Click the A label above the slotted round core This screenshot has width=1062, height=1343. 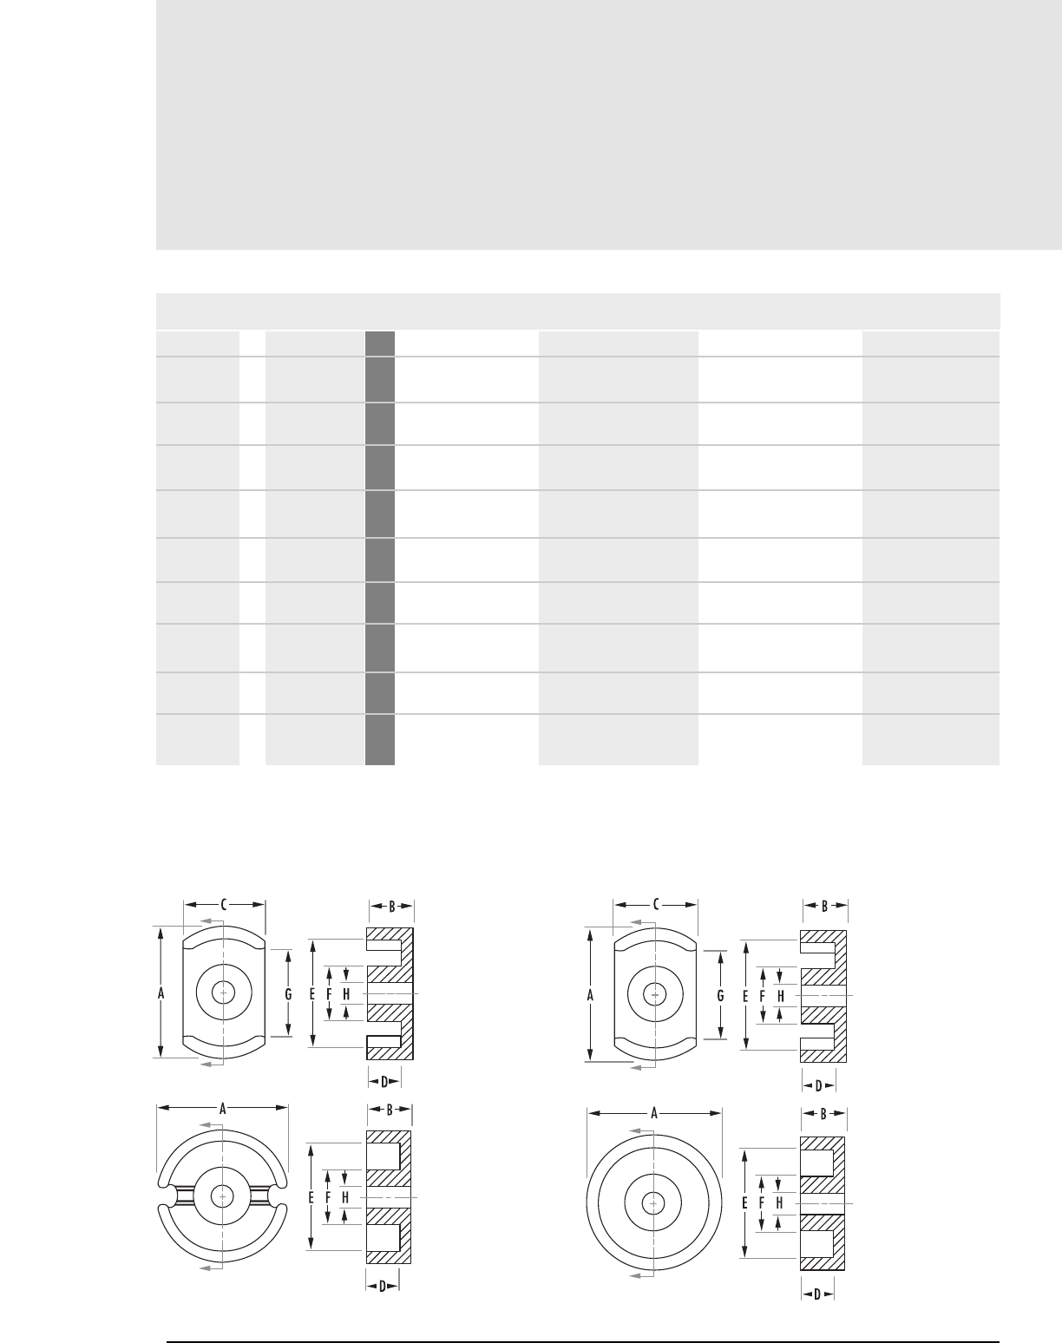tap(222, 1109)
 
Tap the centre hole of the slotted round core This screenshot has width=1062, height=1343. tap(222, 1196)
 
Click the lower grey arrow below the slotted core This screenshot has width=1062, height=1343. tap(211, 1268)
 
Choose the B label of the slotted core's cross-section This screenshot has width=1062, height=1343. tap(390, 1110)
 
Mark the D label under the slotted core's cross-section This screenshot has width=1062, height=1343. tap(383, 1286)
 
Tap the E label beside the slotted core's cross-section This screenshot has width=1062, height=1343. tap(311, 1197)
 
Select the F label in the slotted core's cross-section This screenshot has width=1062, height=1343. tap(328, 1197)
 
